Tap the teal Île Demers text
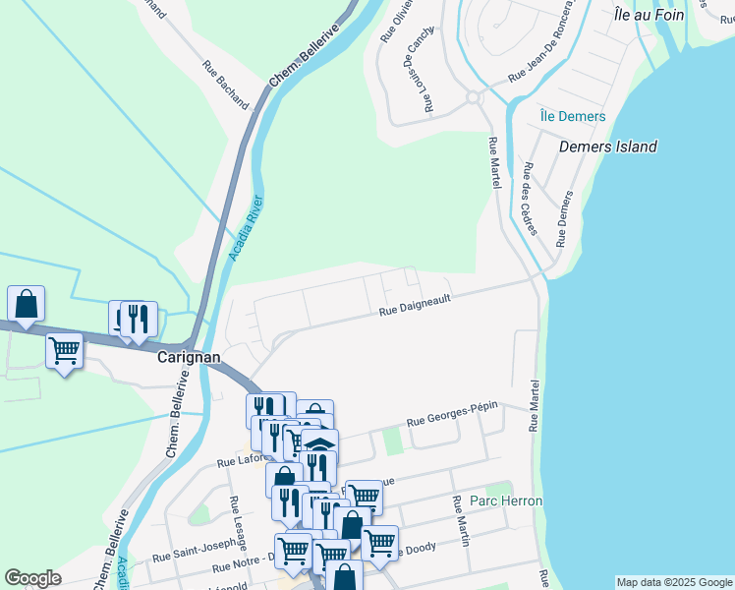(x=572, y=116)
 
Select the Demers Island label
(x=607, y=147)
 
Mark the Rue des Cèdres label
(x=530, y=199)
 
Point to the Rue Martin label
(x=462, y=520)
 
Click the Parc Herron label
(x=506, y=501)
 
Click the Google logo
(x=32, y=578)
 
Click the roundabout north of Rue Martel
(x=473, y=96)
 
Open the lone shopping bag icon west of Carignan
(x=26, y=304)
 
